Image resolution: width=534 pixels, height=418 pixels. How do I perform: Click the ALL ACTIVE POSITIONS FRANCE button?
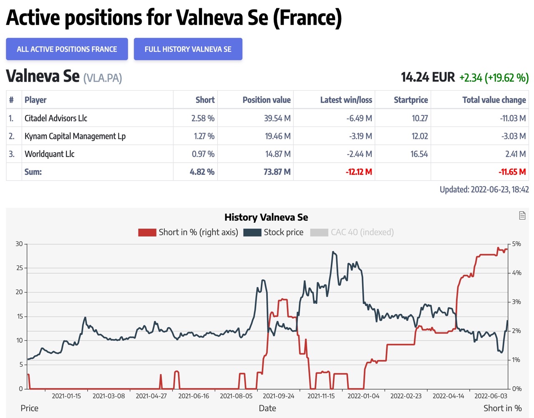pos(67,49)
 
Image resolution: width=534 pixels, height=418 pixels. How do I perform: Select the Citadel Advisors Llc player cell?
pos(56,118)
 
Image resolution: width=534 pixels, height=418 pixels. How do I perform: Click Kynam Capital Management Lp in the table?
pos(75,136)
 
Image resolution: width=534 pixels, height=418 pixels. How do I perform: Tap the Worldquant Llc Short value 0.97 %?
pos(203,154)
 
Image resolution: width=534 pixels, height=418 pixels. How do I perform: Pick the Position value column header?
pos(267,100)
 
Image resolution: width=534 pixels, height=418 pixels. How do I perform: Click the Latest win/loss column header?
pos(346,100)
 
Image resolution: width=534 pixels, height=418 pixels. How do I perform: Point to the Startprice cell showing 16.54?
pos(419,154)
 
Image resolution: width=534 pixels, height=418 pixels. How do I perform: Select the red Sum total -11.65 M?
pos(512,172)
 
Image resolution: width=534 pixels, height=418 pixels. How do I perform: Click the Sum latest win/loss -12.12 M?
pos(359,172)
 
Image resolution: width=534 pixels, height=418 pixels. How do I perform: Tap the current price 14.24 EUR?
pos(428,77)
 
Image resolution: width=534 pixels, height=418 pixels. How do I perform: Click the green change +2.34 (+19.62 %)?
pos(494,78)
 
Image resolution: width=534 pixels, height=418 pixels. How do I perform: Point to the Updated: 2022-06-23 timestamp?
pos(484,189)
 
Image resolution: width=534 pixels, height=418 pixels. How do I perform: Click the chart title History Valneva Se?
pos(266,217)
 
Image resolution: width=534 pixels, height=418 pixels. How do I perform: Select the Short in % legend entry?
pos(188,232)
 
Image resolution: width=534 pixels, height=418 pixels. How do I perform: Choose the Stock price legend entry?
pos(274,232)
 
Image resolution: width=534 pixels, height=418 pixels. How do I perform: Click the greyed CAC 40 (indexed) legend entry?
pos(352,232)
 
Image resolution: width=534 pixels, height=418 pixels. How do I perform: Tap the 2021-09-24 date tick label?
pos(278,396)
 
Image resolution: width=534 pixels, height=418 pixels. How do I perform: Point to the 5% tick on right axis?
pos(516,244)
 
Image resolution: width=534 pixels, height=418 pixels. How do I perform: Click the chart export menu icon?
pos(522,215)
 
